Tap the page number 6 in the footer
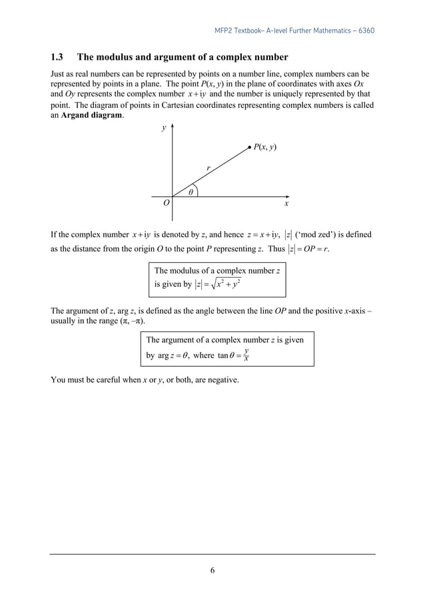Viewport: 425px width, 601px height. (x=212, y=569)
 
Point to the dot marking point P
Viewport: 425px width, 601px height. (x=248, y=146)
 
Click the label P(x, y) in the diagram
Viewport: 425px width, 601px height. (x=264, y=146)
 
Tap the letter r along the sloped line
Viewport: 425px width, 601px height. (x=208, y=168)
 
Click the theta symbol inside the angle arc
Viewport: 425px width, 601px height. (x=191, y=192)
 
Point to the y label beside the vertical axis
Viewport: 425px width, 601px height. (x=164, y=128)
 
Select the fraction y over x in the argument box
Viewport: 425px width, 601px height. (x=246, y=355)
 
